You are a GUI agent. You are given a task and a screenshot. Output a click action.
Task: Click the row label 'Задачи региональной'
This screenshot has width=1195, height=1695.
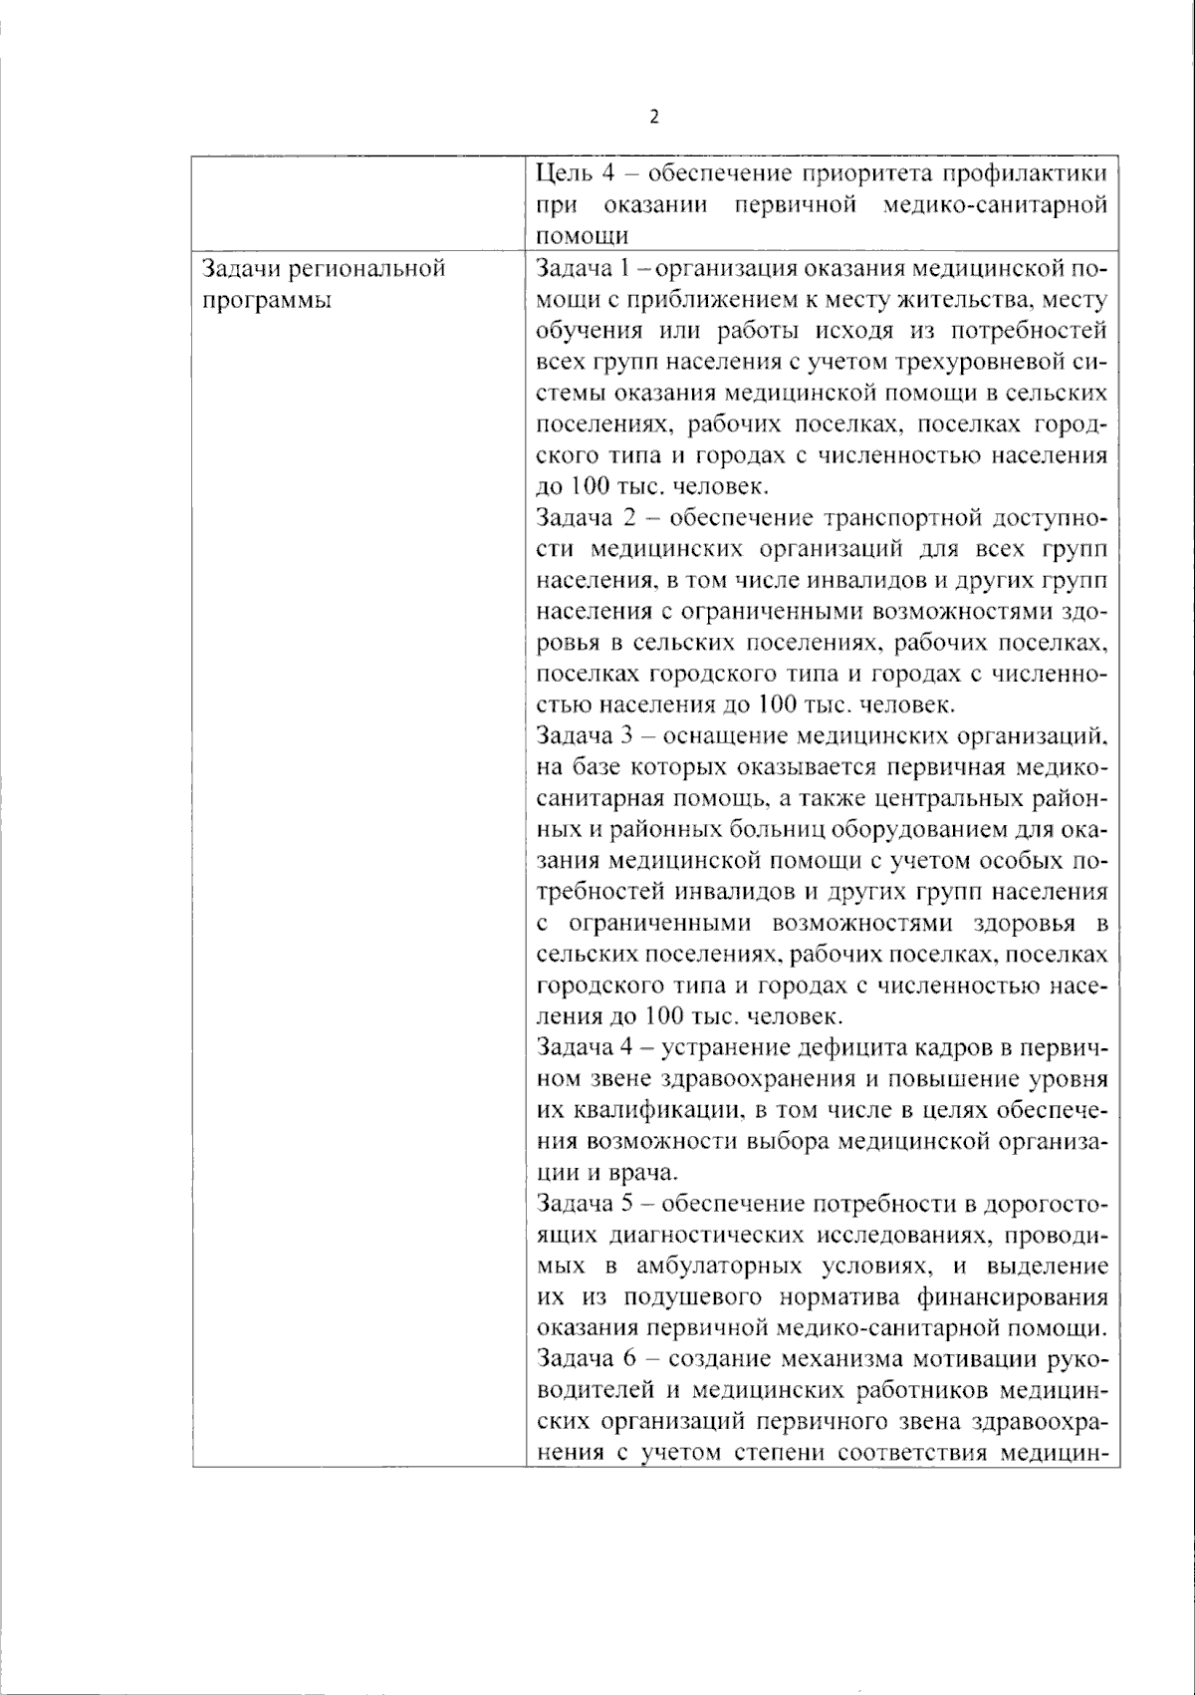[323, 268]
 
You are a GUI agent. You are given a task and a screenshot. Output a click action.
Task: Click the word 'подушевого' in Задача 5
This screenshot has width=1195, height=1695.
[683, 1297]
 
